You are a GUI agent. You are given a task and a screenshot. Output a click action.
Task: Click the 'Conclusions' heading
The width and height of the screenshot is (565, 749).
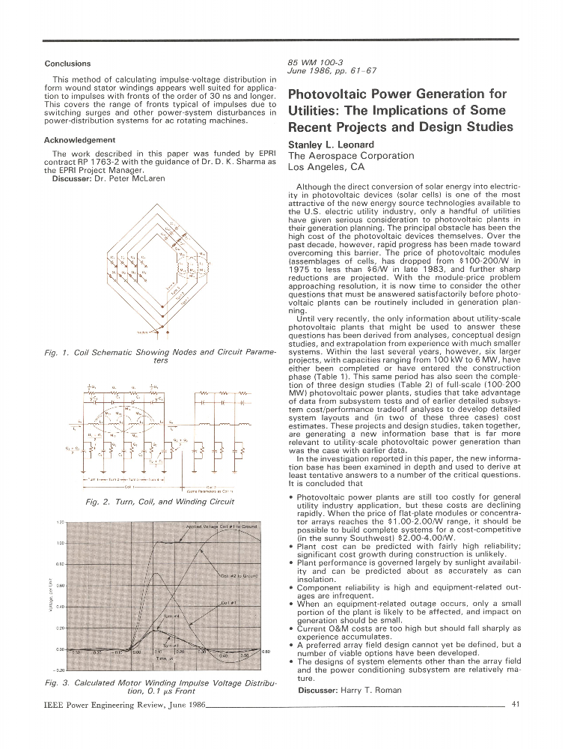click(67, 64)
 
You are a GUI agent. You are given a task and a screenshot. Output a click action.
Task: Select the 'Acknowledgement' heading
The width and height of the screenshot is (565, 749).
click(80, 140)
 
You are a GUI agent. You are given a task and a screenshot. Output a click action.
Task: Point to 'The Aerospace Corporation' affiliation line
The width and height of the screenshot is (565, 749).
click(350, 156)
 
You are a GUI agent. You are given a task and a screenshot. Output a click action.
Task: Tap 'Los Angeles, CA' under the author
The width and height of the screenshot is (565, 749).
click(325, 167)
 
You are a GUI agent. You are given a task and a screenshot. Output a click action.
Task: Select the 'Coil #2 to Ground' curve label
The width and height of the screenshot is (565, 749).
click(239, 575)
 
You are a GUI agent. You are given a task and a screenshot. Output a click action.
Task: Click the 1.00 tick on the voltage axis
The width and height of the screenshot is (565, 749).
click(61, 543)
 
